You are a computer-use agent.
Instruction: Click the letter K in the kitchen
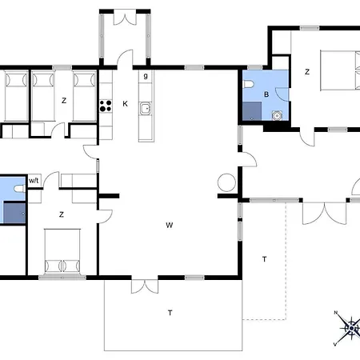tap(125, 104)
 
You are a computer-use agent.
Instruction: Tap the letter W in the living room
tap(170, 225)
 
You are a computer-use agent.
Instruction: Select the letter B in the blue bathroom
tap(266, 94)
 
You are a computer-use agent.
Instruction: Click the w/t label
tap(34, 181)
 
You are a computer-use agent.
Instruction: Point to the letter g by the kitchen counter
tap(146, 76)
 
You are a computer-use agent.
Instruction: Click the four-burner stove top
tap(106, 106)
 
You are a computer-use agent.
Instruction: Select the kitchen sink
tap(145, 109)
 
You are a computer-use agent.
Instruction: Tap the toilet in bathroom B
tap(248, 84)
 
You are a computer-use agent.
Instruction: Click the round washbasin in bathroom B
tap(277, 116)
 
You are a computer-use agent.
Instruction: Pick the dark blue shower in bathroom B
tap(252, 111)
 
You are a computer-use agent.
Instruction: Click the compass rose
tap(350, 327)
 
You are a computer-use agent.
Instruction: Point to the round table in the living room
tap(226, 182)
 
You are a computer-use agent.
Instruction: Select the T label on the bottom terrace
tap(170, 313)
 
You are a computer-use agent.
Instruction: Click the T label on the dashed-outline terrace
tap(264, 259)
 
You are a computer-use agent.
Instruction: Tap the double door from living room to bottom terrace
tap(145, 286)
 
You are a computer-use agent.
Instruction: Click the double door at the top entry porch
tap(125, 18)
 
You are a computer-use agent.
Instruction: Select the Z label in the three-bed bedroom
tap(64, 101)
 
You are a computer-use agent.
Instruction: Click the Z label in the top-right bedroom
tap(307, 71)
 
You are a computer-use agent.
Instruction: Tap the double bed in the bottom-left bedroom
tap(62, 251)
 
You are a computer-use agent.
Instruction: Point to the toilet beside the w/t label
tap(19, 189)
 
